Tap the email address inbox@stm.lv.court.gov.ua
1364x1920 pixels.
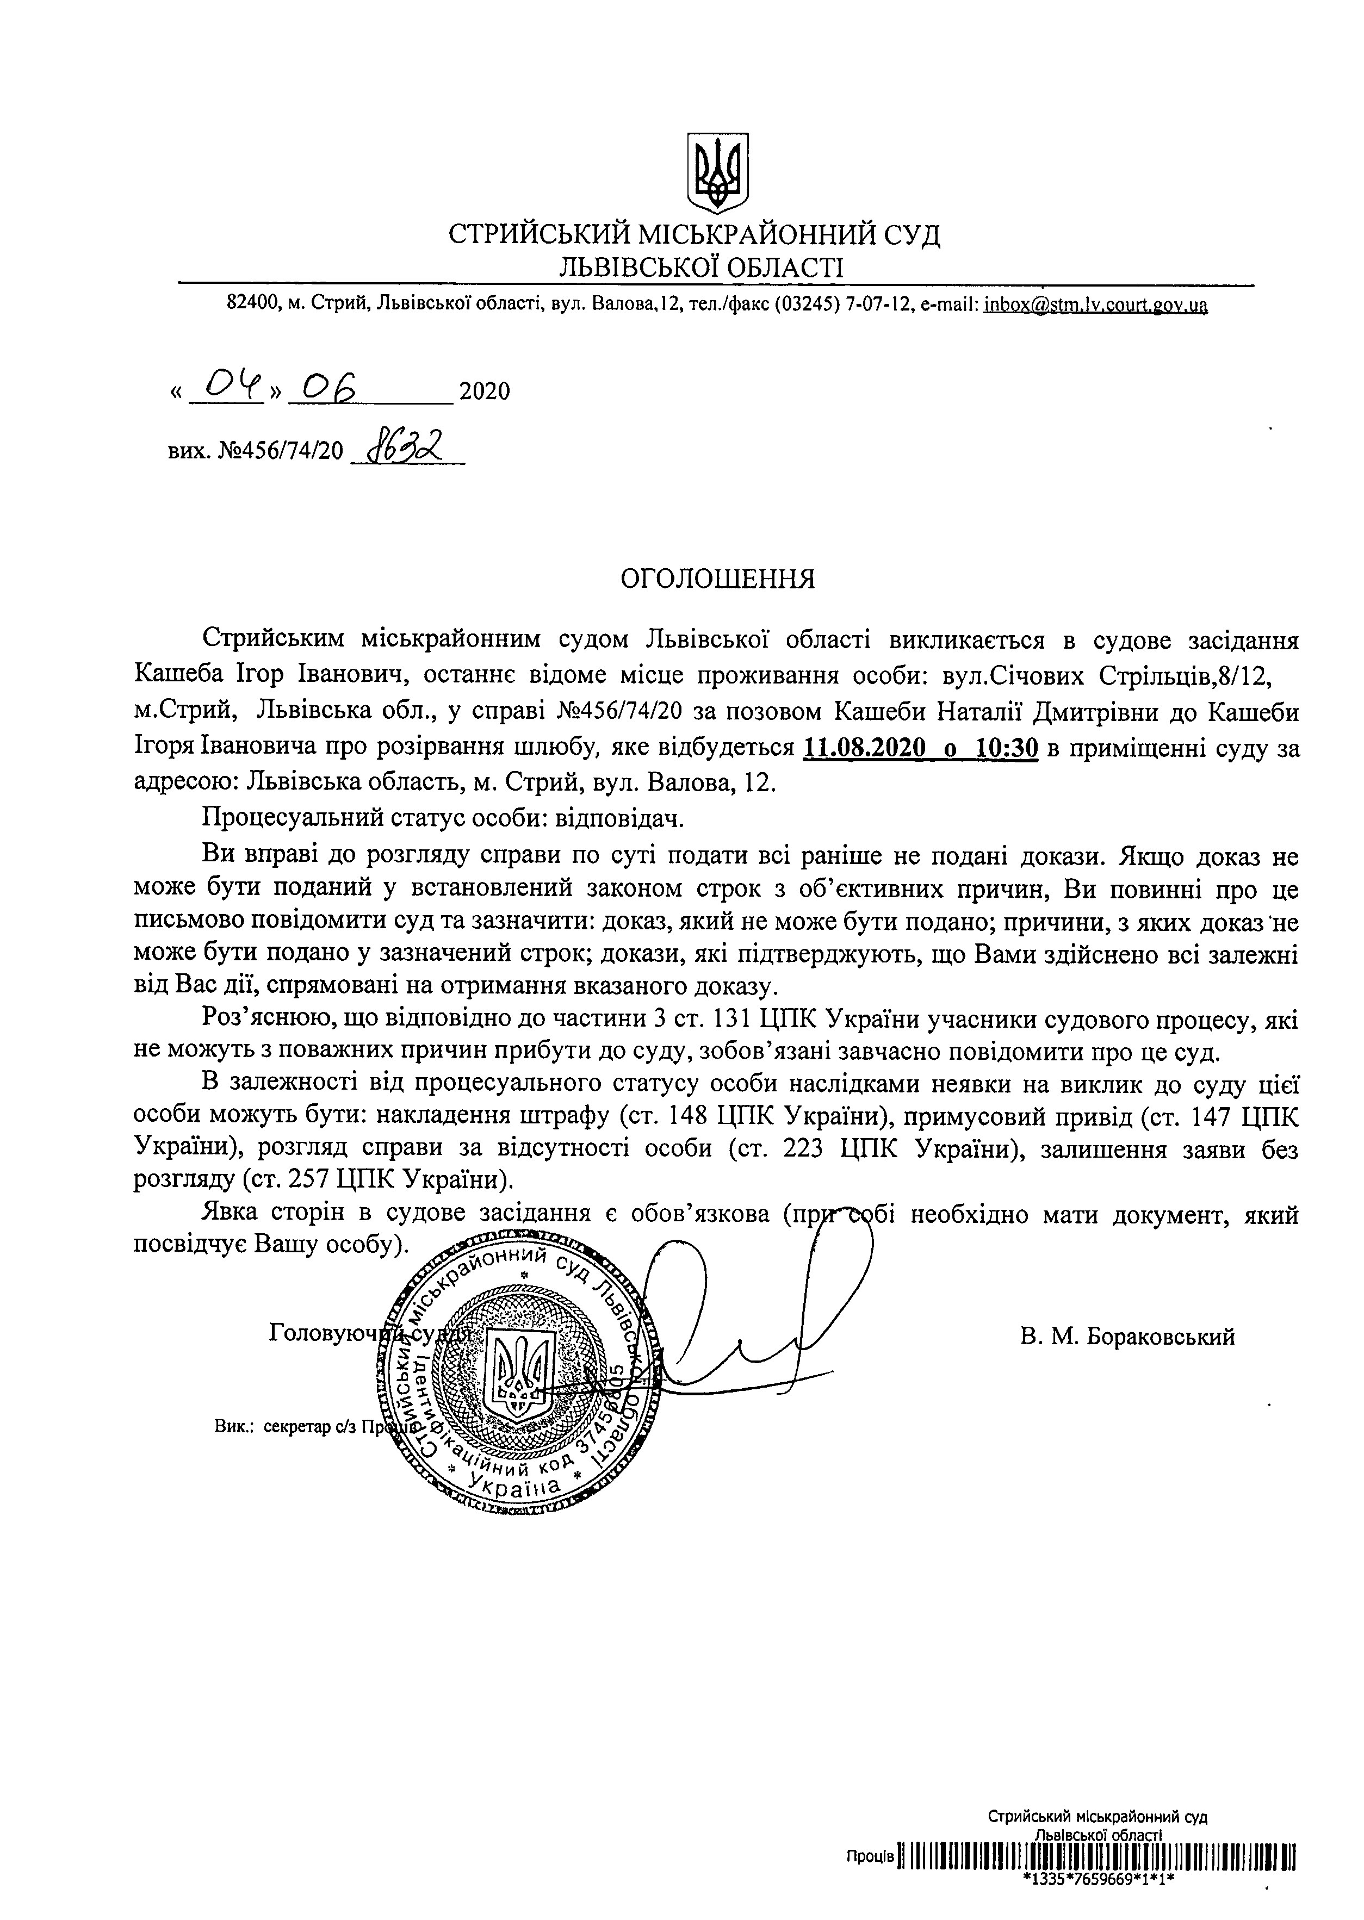coord(1095,304)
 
